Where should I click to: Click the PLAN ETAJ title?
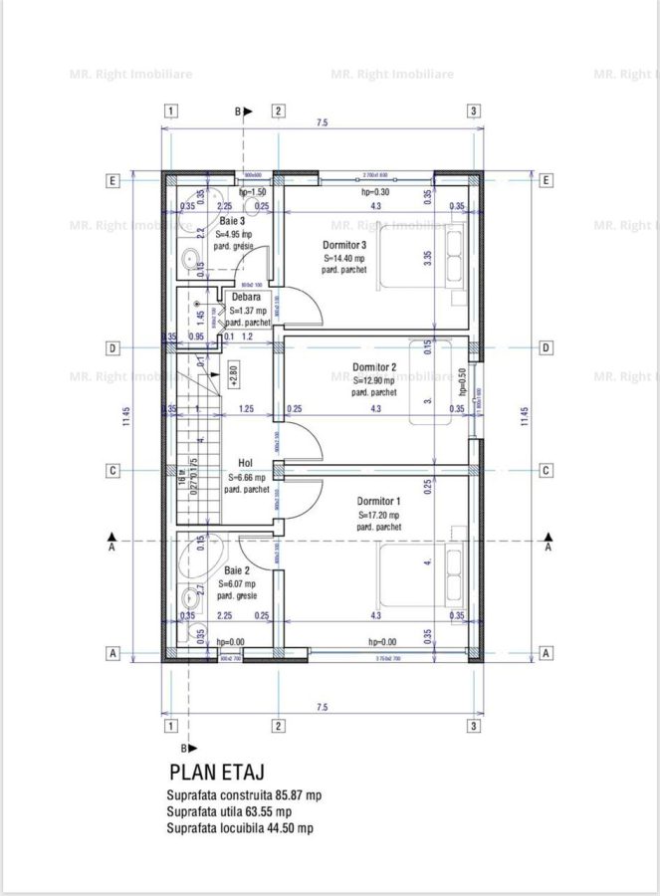tap(216, 772)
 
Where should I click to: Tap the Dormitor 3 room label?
tap(344, 245)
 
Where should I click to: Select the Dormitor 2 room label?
tap(374, 367)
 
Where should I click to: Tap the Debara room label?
tap(245, 297)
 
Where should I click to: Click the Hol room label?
tap(245, 463)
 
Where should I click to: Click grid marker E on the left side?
tap(114, 180)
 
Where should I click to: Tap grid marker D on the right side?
tap(547, 347)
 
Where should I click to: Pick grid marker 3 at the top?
tap(474, 112)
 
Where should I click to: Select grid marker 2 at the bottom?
tap(279, 725)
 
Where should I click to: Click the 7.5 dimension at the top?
tap(322, 122)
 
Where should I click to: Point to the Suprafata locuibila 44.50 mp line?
tap(240, 827)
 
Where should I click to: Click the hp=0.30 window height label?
tap(374, 192)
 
